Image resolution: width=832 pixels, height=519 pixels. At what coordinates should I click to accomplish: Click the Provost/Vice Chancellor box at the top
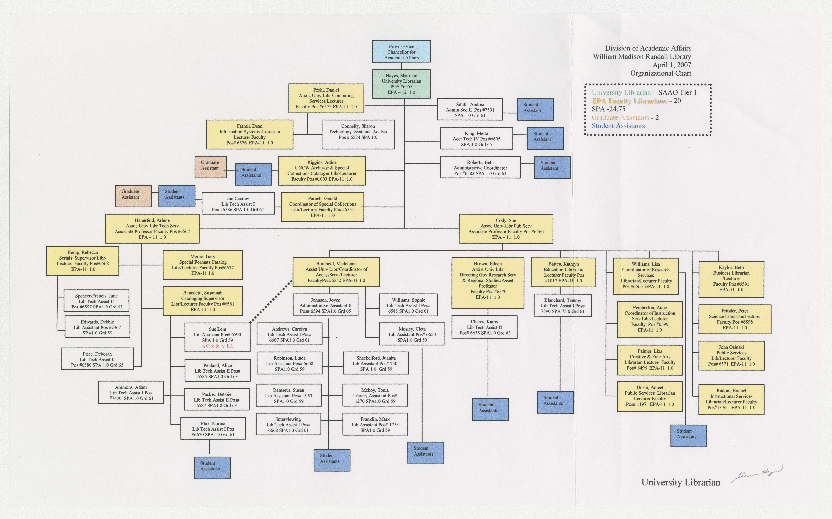point(401,51)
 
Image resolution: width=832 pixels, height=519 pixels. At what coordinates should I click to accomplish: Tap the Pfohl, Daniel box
point(326,98)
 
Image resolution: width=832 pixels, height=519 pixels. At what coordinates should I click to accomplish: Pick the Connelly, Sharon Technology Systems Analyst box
point(358,134)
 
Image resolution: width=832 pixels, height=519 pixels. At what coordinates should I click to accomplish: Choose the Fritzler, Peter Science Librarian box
point(735,319)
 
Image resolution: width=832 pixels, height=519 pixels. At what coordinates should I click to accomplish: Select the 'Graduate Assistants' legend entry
point(620,117)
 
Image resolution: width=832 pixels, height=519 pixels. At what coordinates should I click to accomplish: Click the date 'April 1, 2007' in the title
point(672,65)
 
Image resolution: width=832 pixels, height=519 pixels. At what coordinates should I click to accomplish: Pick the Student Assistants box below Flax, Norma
point(212,468)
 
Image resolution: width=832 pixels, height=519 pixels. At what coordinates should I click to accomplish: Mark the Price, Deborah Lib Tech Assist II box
point(97,359)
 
